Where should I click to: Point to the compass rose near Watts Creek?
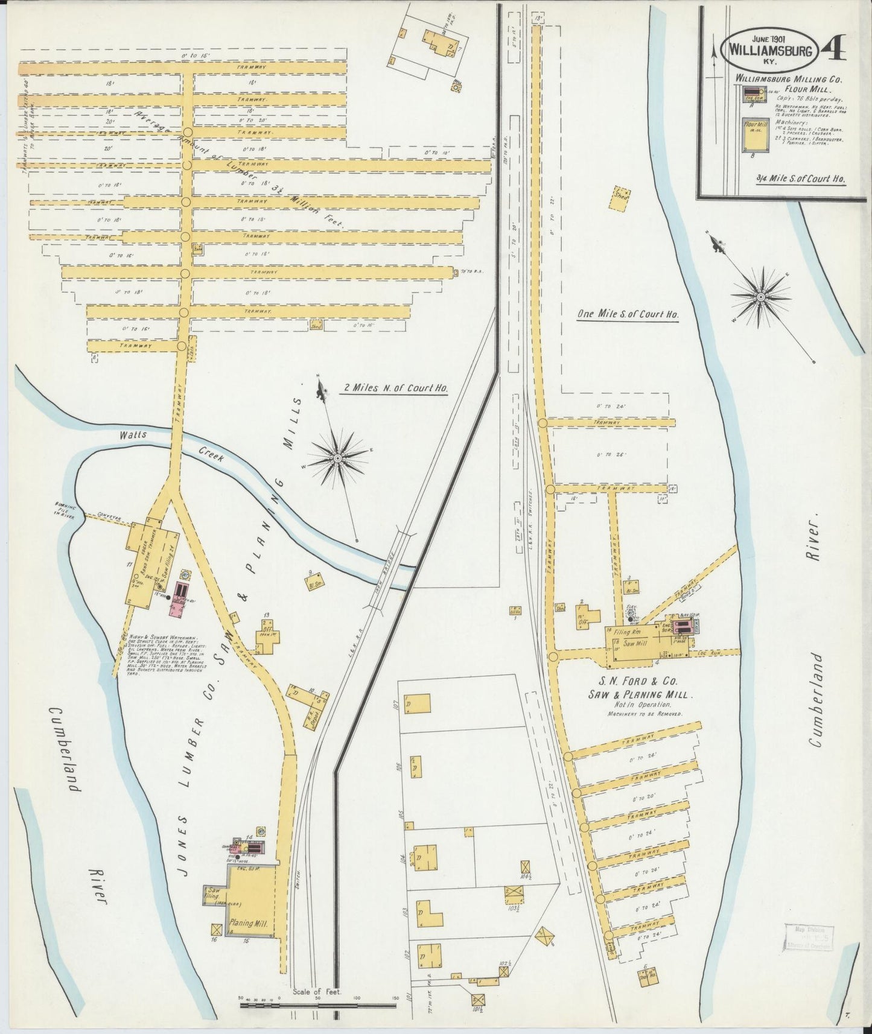point(338,458)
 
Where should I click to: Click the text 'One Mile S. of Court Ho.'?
point(628,314)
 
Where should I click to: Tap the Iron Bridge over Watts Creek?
point(389,569)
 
